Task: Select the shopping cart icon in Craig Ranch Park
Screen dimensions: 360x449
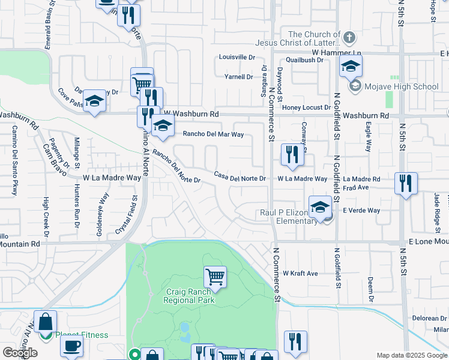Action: point(215,277)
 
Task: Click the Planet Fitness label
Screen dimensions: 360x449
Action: point(82,335)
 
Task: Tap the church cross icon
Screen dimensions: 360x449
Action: point(349,38)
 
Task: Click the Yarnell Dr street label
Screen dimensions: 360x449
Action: point(238,77)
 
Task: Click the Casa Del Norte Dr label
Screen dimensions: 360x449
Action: point(240,176)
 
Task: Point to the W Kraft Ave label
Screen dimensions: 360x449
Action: point(300,274)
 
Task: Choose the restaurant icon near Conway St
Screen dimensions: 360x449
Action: point(292,155)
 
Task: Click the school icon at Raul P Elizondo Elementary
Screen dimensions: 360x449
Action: point(321,207)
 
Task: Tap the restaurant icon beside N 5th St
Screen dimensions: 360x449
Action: point(406,184)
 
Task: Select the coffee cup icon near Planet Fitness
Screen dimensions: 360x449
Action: point(72,347)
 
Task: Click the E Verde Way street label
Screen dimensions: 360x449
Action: point(361,211)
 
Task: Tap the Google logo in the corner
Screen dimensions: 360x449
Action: point(20,353)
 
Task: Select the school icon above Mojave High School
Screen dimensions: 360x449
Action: point(351,67)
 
